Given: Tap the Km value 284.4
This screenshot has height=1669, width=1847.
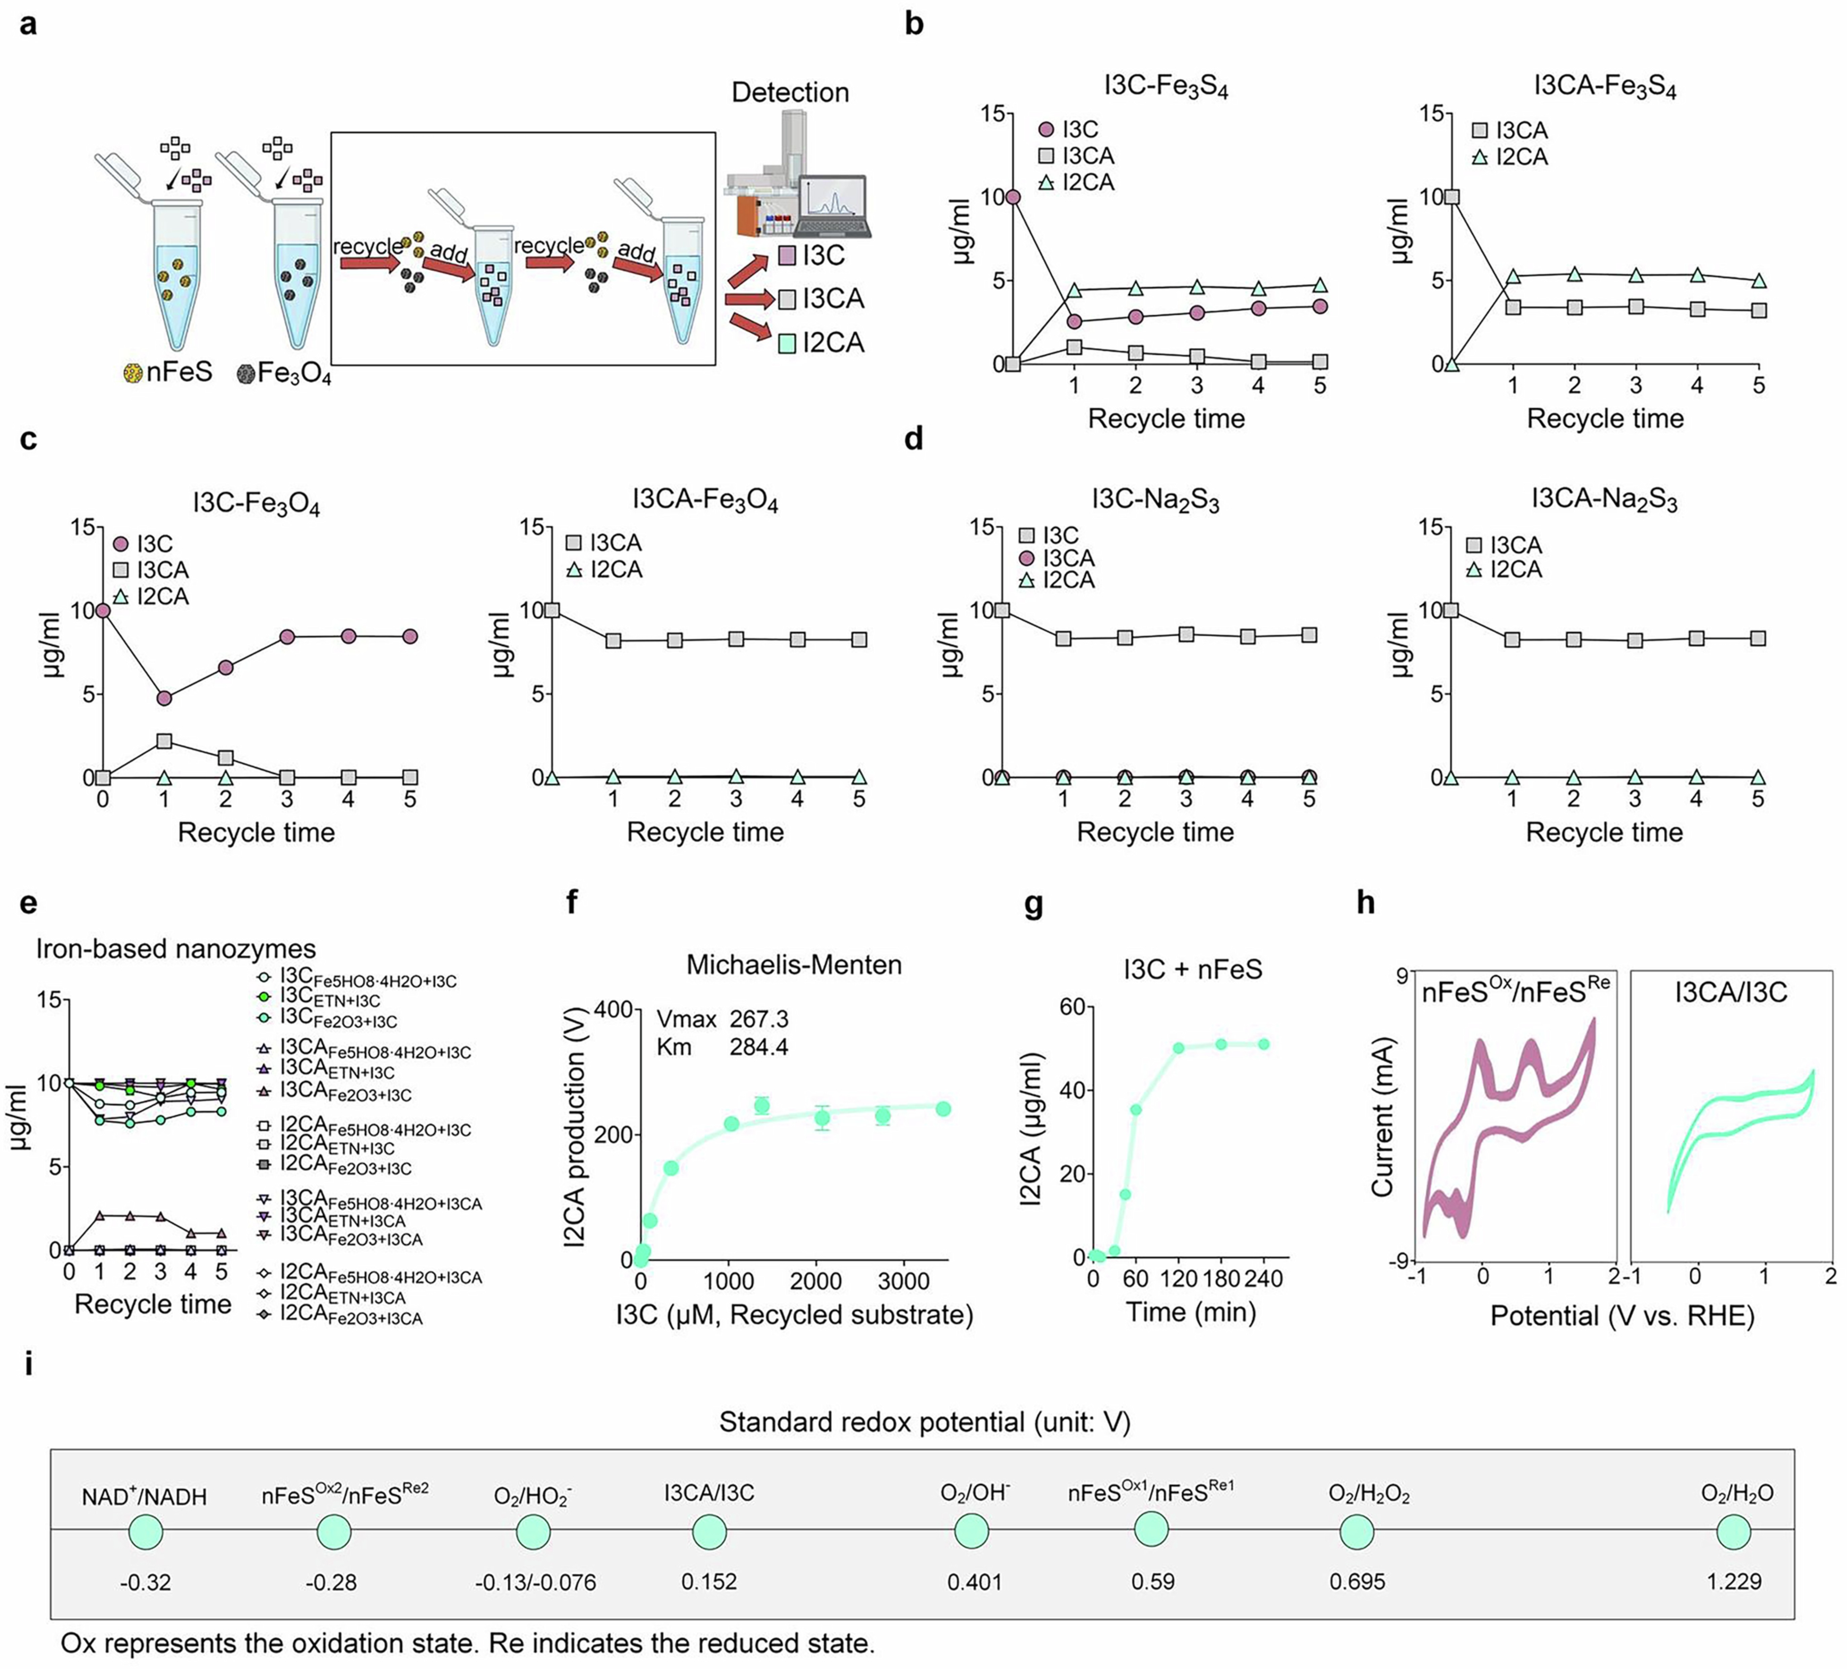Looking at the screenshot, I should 758,1046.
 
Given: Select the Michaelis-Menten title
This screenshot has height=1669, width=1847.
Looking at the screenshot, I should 793,965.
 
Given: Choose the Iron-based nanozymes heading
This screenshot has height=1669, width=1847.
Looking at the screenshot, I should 176,948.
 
